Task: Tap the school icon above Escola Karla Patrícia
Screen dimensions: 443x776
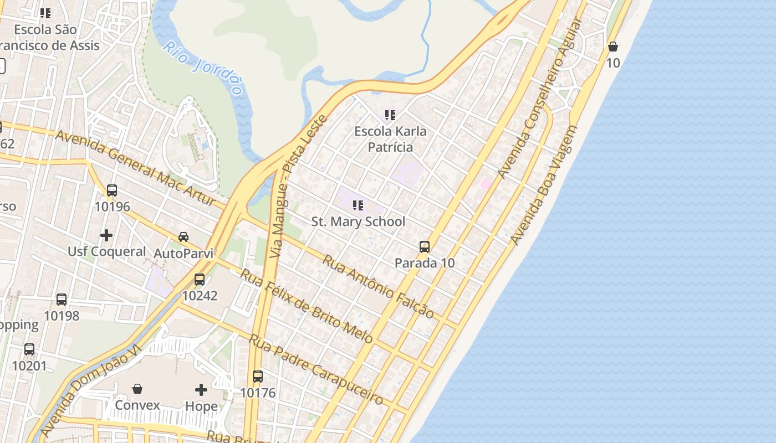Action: (390, 115)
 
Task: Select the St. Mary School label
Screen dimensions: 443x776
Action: (358, 221)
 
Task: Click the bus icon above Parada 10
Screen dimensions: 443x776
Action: (425, 247)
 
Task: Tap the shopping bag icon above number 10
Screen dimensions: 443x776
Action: (613, 47)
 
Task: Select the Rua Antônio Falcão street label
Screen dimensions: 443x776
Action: (379, 286)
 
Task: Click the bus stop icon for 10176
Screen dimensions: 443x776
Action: (258, 377)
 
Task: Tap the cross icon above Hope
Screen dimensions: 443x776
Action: (201, 390)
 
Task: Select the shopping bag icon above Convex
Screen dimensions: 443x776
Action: (137, 389)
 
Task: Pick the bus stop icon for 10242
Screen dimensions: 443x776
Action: (200, 280)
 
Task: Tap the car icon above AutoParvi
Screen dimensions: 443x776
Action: (183, 237)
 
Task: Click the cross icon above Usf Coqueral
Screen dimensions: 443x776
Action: (106, 235)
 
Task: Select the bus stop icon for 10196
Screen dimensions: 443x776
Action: (112, 190)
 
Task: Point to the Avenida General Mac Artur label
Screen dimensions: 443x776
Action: (135, 168)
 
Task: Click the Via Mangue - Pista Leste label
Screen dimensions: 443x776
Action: (298, 186)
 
